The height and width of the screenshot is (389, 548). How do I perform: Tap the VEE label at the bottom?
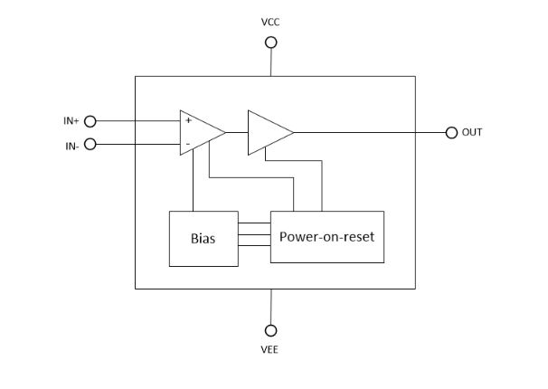click(270, 349)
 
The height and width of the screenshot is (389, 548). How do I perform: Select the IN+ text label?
click(72, 120)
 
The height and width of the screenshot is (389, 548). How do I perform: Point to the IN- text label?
click(71, 145)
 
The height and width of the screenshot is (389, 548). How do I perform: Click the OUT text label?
click(472, 132)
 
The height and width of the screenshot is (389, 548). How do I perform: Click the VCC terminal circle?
click(270, 42)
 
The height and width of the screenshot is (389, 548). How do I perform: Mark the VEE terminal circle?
click(270, 330)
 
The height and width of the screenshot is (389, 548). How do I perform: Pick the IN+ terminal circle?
click(90, 120)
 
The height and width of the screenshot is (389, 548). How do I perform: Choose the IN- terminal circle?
click(90, 144)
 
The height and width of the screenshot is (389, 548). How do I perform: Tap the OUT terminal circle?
click(451, 132)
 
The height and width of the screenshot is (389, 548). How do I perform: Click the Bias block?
click(203, 238)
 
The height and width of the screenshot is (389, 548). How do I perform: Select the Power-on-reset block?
click(326, 237)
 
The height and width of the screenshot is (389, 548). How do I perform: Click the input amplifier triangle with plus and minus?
click(199, 132)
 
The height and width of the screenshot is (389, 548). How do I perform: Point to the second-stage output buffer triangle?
click(269, 132)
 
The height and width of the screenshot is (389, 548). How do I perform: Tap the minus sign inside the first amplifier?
click(188, 144)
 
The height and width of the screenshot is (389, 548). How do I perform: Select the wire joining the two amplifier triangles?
click(237, 132)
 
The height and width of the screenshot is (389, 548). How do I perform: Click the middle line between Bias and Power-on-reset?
click(254, 237)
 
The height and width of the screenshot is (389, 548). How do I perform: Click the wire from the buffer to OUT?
click(371, 132)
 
